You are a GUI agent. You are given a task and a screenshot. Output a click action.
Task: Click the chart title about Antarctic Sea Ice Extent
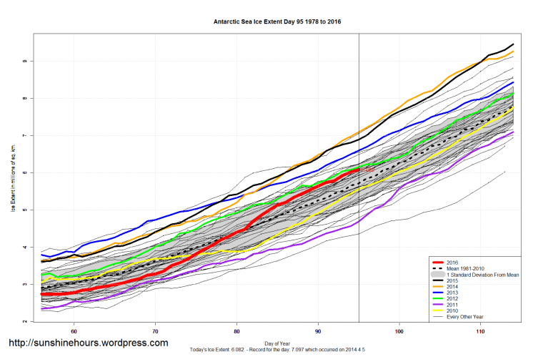[x=277, y=21]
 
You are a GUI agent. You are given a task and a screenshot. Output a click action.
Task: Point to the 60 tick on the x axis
[x=74, y=331]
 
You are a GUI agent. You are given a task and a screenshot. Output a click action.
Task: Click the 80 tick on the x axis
[x=237, y=331]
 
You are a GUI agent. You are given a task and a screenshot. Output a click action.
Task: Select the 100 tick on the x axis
[x=399, y=331]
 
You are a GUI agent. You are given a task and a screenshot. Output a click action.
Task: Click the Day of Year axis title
[x=277, y=343]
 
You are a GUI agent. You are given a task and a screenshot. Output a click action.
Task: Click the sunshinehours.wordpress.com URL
[x=88, y=343]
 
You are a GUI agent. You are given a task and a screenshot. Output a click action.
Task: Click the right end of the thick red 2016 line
[x=359, y=170]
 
